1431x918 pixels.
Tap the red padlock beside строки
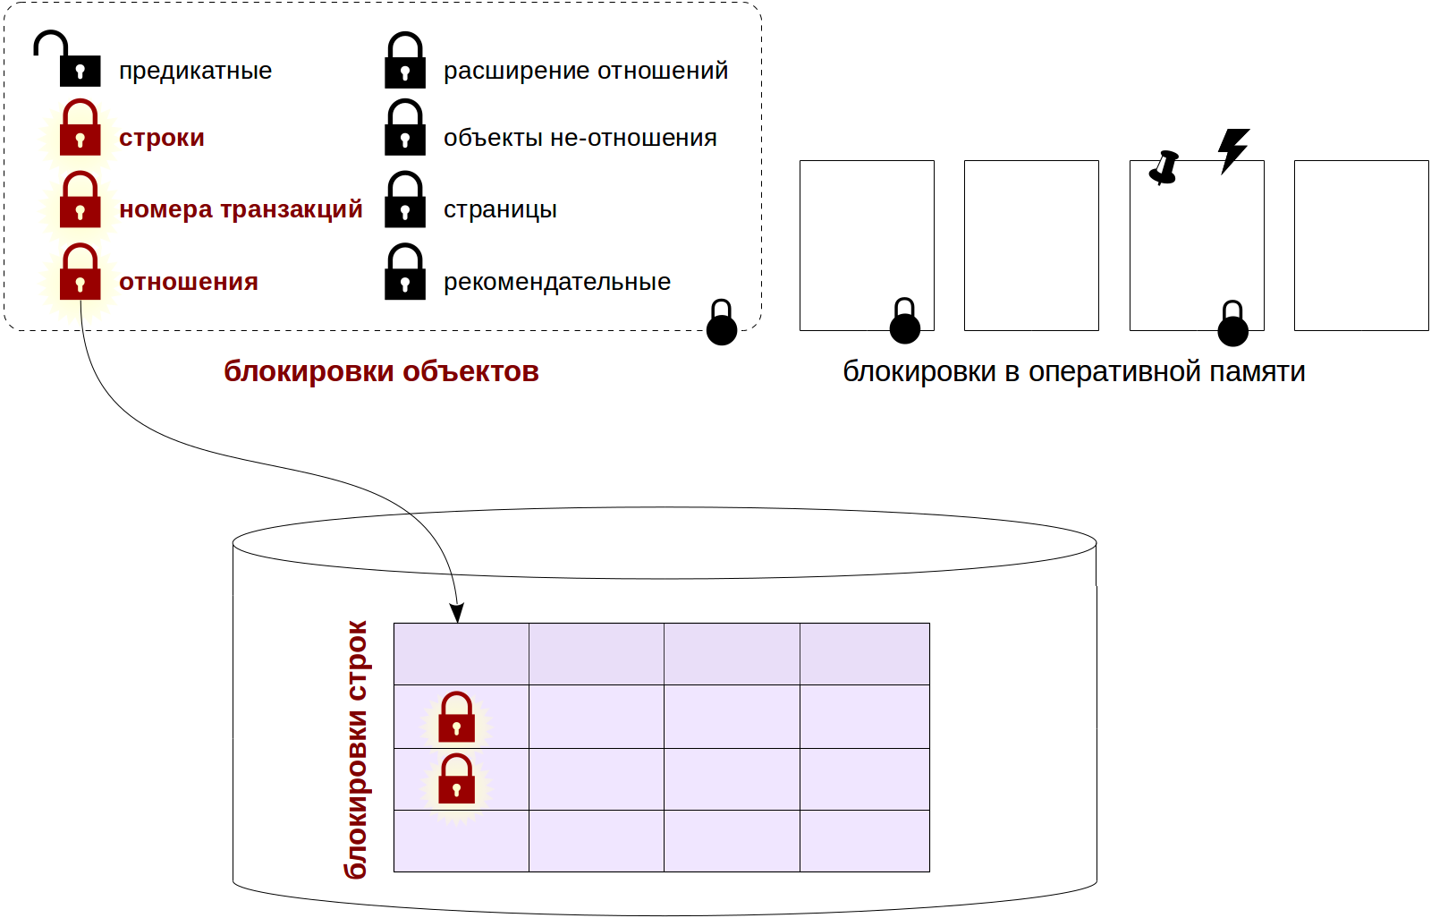click(x=80, y=129)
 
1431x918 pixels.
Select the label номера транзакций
click(x=241, y=209)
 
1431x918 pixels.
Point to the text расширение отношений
click(x=586, y=71)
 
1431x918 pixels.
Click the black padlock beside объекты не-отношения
click(x=405, y=129)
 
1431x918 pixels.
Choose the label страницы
click(x=500, y=209)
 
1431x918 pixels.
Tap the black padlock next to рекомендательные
click(x=405, y=273)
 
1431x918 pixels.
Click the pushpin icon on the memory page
click(x=1164, y=167)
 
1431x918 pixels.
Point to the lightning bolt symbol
click(x=1233, y=149)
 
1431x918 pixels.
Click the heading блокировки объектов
click(x=381, y=371)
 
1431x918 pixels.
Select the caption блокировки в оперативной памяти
click(x=1073, y=371)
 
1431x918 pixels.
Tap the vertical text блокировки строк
click(x=357, y=749)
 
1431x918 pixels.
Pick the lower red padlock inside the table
click(x=456, y=780)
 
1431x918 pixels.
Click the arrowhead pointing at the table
click(x=457, y=614)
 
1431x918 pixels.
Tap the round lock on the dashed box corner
click(x=722, y=324)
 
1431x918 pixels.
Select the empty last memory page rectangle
click(x=1360, y=245)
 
